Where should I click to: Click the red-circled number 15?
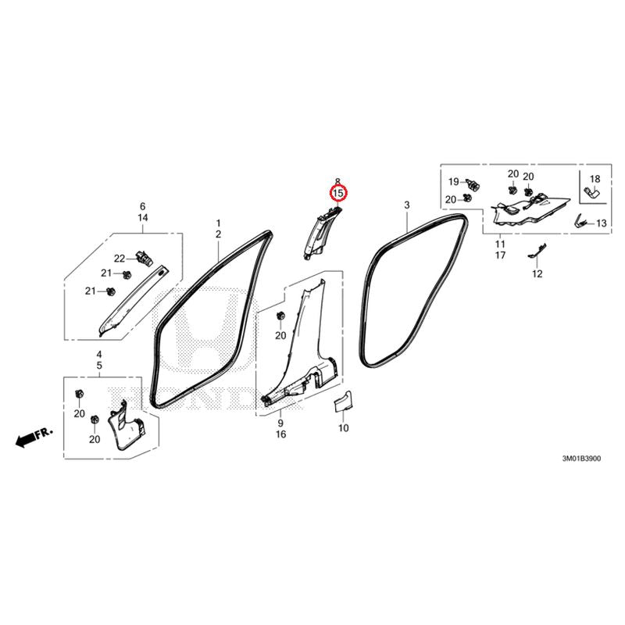(x=338, y=193)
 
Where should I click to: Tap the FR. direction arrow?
(x=34, y=437)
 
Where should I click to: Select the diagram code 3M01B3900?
(x=581, y=459)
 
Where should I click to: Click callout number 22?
(x=120, y=259)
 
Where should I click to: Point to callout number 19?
(x=454, y=182)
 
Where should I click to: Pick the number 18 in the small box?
(x=595, y=179)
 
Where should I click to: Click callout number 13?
(x=601, y=223)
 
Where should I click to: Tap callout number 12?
(x=537, y=274)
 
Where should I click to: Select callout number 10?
(x=343, y=428)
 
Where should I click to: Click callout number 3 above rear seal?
(x=406, y=205)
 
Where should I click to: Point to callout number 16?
(x=280, y=434)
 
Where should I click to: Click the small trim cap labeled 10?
(x=343, y=401)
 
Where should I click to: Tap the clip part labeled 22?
(x=145, y=258)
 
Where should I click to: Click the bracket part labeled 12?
(x=537, y=251)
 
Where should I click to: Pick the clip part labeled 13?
(x=581, y=221)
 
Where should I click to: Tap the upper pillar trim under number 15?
(x=322, y=233)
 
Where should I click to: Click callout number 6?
(x=143, y=206)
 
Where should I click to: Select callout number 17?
(x=501, y=255)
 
